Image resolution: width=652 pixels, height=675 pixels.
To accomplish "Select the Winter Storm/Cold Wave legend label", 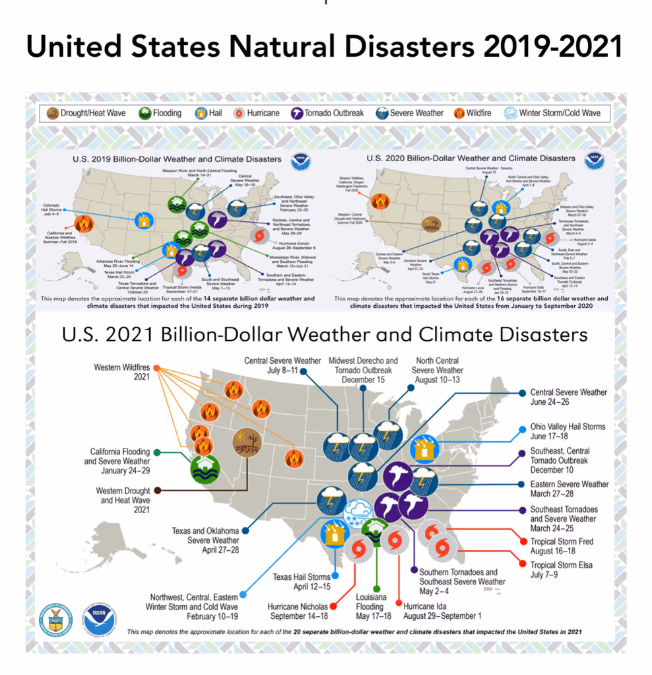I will click(x=560, y=113).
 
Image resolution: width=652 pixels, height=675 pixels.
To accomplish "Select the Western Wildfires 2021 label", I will click(x=122, y=372).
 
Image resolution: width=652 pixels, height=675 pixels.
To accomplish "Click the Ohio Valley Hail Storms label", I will click(x=568, y=431).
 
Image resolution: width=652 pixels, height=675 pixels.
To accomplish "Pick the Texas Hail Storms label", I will click(x=302, y=582).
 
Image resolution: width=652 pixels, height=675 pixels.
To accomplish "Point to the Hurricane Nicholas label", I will click(x=300, y=611).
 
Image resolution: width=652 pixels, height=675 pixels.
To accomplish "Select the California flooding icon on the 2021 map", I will click(x=205, y=470).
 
